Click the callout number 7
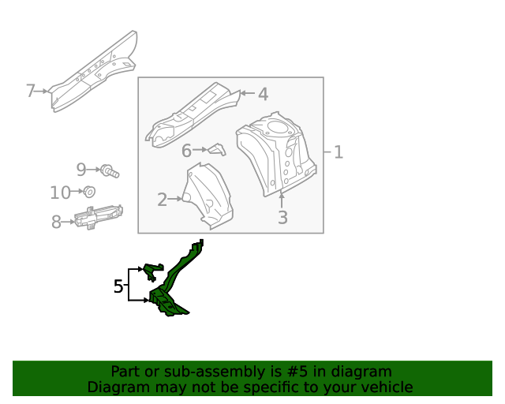point(30,91)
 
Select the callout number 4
point(263,94)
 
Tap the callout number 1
point(338,152)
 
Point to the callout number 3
point(282,218)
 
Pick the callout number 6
point(186,151)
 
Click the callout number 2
point(162,200)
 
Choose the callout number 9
point(81,169)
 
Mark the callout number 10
point(60,193)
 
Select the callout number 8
point(56,222)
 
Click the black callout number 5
point(118,286)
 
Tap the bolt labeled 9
point(110,170)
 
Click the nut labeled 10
point(89,192)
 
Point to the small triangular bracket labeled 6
point(217,149)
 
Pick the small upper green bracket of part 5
point(152,271)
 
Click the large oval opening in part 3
point(279,126)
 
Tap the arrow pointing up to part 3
point(282,200)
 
